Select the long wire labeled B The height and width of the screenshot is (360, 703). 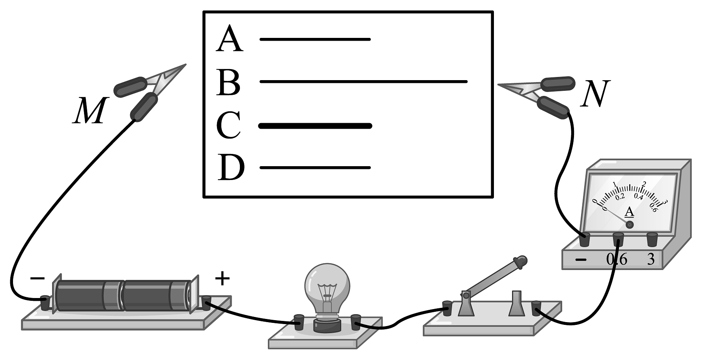click(363, 82)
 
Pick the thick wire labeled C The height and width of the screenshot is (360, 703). click(315, 126)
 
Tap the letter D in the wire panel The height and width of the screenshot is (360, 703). click(231, 167)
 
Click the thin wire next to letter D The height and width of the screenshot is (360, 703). click(315, 168)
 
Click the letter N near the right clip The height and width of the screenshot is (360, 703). click(595, 94)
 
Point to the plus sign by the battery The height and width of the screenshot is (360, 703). click(222, 279)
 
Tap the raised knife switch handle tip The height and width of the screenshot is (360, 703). click(520, 261)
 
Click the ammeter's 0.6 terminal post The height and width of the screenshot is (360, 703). click(618, 239)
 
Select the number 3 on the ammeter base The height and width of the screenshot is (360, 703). click(651, 259)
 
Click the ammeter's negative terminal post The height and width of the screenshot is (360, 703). click(584, 240)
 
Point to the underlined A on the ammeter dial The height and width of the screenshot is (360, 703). click(630, 212)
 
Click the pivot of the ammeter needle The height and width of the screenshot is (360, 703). click(630, 225)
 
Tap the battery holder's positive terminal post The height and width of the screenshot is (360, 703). click(207, 303)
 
